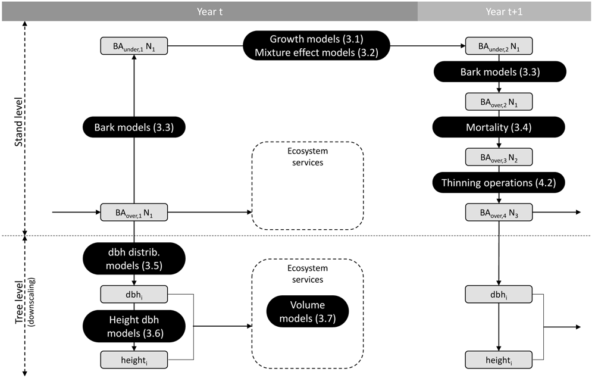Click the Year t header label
209,12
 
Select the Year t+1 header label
504,12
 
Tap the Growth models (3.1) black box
317,46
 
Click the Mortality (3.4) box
499,127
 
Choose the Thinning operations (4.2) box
499,183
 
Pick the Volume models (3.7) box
308,311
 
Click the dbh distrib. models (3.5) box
134,258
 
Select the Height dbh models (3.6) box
134,326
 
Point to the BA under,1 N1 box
134,46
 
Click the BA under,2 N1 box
499,46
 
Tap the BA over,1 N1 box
134,212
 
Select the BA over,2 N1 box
499,102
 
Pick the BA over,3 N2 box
499,157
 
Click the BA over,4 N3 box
499,212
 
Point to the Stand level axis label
18,122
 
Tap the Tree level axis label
18,302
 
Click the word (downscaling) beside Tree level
31,302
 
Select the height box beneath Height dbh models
134,360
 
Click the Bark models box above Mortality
500,71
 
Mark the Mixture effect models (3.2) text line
317,52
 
